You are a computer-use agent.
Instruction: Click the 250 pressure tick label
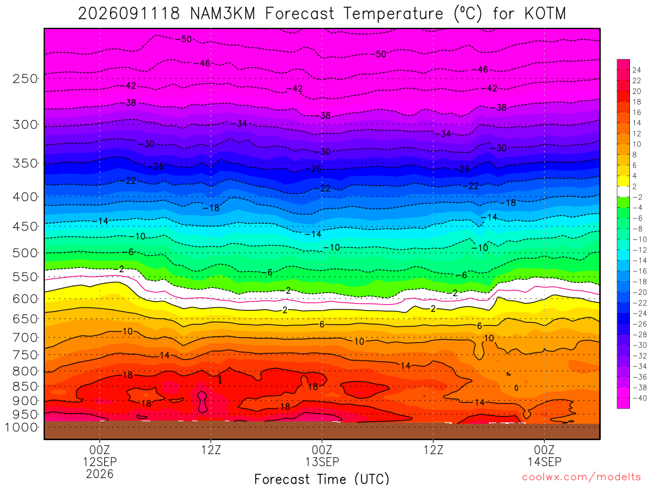click(x=25, y=78)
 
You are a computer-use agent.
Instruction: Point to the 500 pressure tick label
click(x=25, y=253)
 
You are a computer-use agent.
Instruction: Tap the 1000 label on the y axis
click(x=21, y=428)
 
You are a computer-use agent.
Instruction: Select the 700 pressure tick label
click(x=25, y=338)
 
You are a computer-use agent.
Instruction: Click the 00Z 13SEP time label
click(x=322, y=455)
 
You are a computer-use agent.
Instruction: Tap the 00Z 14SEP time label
click(x=544, y=455)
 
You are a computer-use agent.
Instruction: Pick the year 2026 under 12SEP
click(x=100, y=474)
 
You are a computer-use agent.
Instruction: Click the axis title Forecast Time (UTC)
click(x=322, y=479)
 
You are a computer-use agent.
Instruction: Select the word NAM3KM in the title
click(x=222, y=14)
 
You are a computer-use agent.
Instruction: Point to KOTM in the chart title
click(x=545, y=14)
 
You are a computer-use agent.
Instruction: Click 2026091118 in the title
click(x=129, y=14)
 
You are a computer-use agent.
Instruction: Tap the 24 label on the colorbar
click(x=637, y=70)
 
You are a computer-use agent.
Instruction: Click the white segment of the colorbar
click(x=624, y=191)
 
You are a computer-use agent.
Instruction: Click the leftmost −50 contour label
click(x=184, y=39)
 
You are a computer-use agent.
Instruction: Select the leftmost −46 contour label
click(x=202, y=63)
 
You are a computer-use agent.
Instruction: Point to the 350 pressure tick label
click(x=25, y=164)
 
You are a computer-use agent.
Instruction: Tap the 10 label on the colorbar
click(x=637, y=145)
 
